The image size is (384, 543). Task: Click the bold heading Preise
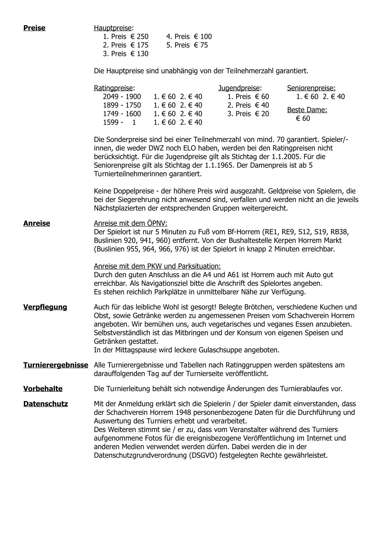[34, 28]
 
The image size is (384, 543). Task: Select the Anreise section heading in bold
[36, 223]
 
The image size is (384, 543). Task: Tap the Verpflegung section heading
[45, 307]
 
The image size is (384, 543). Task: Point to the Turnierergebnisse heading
[56, 365]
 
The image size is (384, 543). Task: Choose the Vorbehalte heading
[43, 389]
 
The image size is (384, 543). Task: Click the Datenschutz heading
[46, 404]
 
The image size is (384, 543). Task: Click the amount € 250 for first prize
[140, 37]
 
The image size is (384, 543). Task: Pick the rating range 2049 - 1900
[122, 97]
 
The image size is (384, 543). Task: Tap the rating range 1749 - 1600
[122, 114]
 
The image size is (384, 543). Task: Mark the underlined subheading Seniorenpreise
[311, 88]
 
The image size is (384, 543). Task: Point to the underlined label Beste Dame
[307, 110]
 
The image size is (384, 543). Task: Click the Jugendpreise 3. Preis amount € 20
[262, 114]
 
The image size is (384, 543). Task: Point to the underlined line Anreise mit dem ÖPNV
[130, 224]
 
